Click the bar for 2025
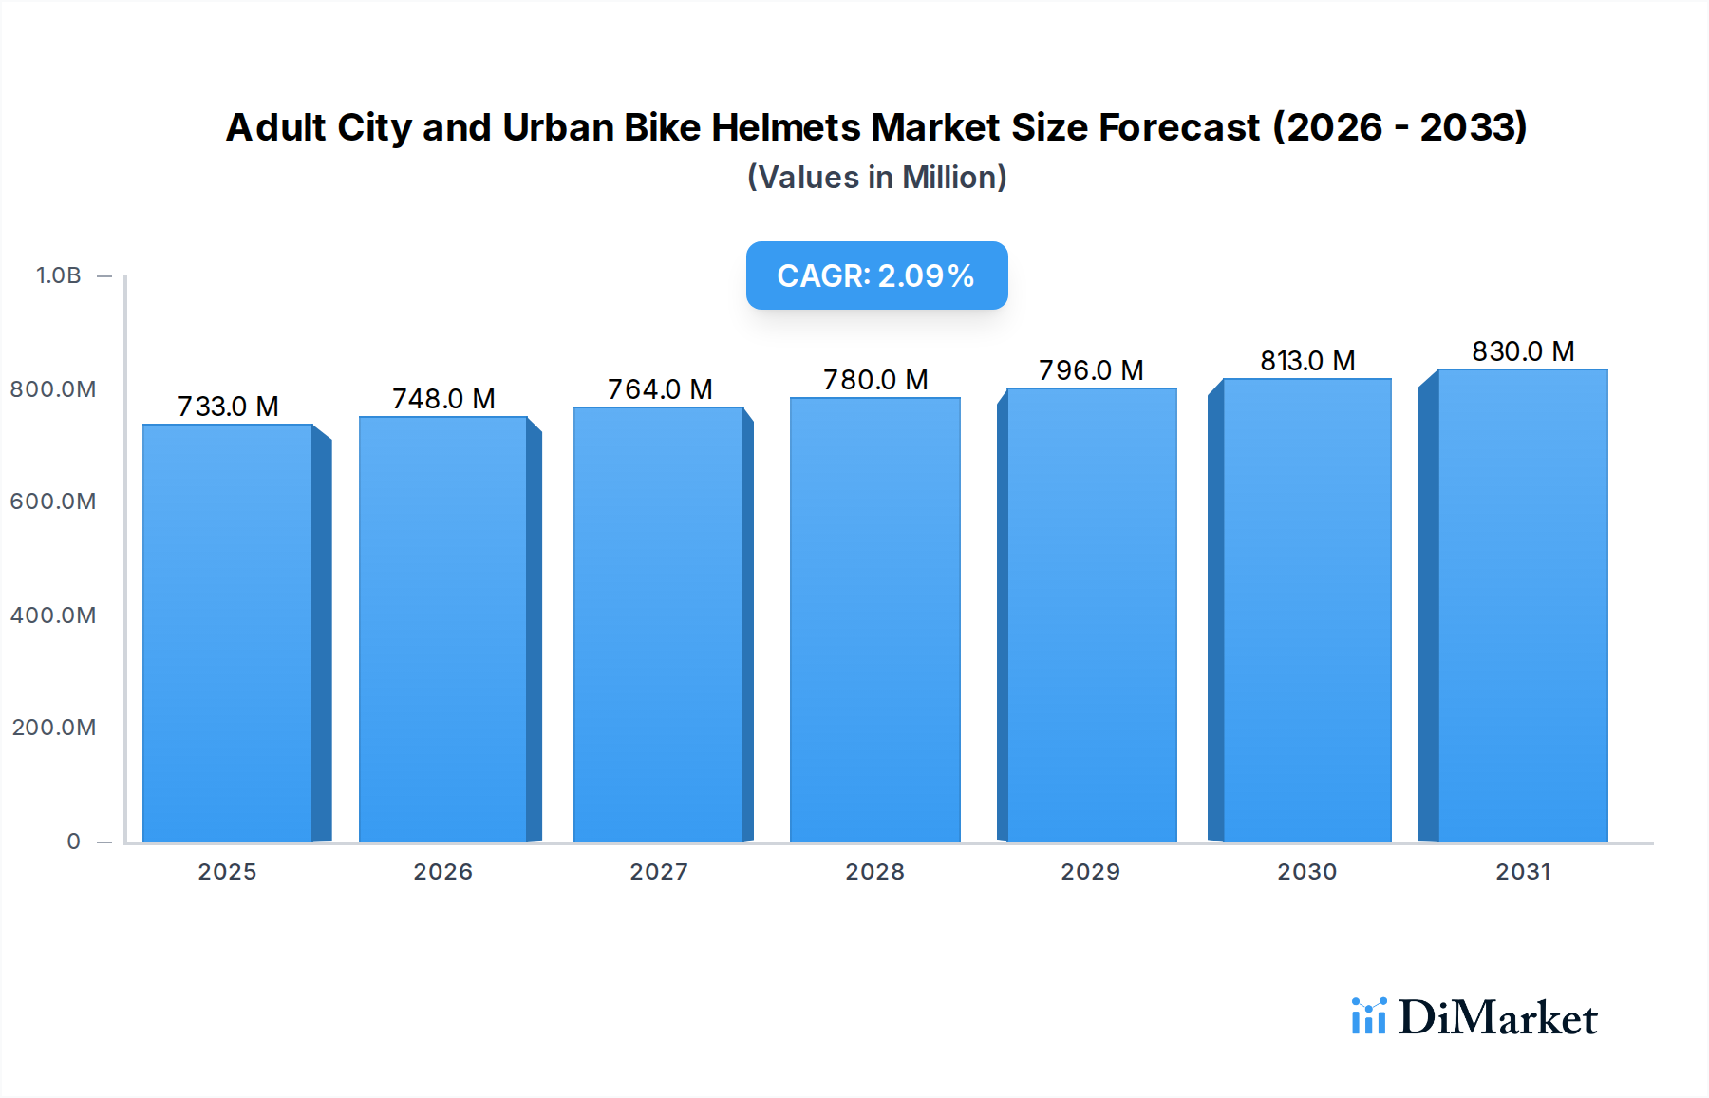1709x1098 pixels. click(228, 633)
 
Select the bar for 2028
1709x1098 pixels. click(874, 619)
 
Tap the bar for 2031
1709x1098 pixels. click(1523, 605)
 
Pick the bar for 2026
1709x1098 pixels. click(443, 629)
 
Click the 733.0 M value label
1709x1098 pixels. click(228, 407)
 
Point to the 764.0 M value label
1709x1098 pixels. click(660, 389)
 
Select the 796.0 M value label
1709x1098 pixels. click(1091, 370)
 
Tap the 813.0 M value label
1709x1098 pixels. click(1307, 361)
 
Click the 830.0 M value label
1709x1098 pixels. click(1523, 351)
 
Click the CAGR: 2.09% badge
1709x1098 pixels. click(876, 275)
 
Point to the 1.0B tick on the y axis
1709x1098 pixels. click(59, 275)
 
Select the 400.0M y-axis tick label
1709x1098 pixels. click(53, 615)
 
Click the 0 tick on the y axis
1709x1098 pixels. click(74, 842)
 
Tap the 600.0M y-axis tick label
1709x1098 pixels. click(53, 502)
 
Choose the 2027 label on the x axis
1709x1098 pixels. click(659, 872)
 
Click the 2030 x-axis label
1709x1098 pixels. click(1306, 872)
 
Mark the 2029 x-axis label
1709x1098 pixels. click(1090, 872)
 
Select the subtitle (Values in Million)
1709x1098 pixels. click(876, 178)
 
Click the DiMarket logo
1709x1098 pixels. click(1474, 1017)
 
